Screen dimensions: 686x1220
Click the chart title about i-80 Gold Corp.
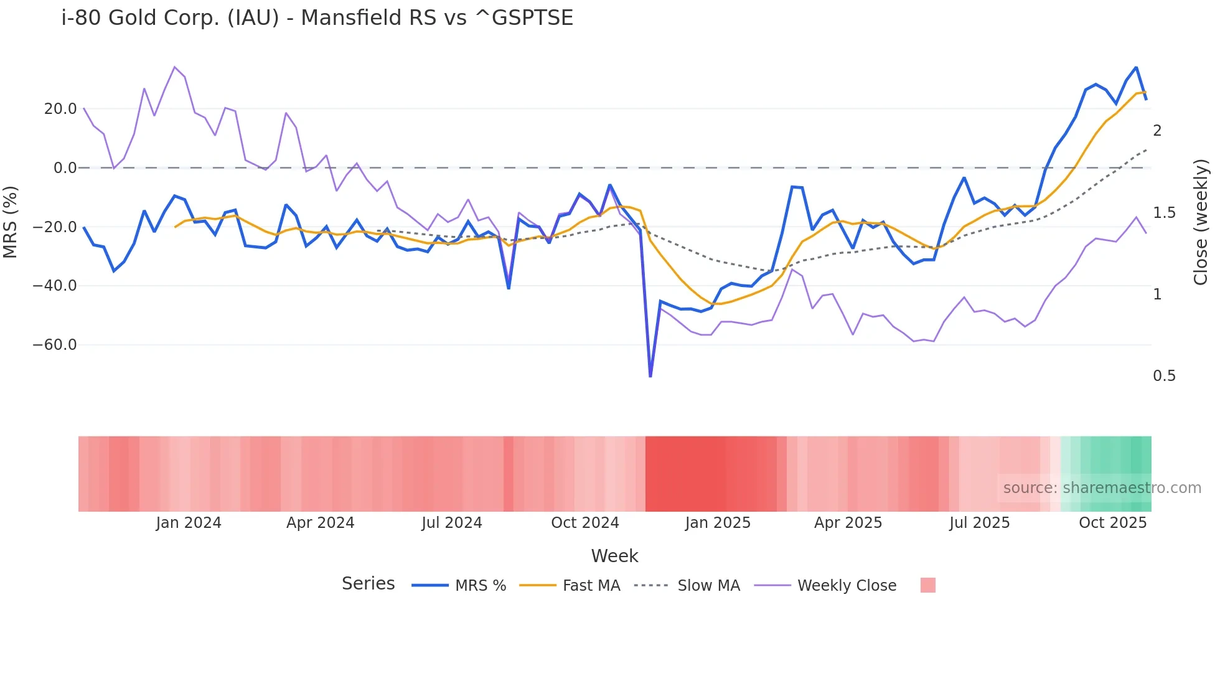click(x=317, y=18)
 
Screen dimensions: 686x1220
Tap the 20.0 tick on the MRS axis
click(x=60, y=109)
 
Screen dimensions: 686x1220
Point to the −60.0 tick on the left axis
click(x=55, y=345)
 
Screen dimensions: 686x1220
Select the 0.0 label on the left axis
click(x=65, y=168)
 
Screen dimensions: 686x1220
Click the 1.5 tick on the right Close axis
click(x=1164, y=213)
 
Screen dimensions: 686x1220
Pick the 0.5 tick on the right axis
click(x=1164, y=376)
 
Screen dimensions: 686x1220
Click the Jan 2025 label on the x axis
click(x=718, y=523)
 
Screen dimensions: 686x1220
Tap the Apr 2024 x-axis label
click(x=320, y=523)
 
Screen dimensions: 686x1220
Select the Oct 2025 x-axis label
click(x=1112, y=523)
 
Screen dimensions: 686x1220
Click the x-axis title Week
click(x=614, y=556)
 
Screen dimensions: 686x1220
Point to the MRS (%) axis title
click(x=11, y=222)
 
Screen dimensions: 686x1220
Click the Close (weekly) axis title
click(x=1201, y=222)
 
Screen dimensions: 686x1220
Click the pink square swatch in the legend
click(x=927, y=585)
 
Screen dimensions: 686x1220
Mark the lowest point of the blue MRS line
click(x=650, y=376)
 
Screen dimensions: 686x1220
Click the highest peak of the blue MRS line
click(x=1136, y=67)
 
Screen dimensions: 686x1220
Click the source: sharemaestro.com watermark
click(x=1102, y=488)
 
